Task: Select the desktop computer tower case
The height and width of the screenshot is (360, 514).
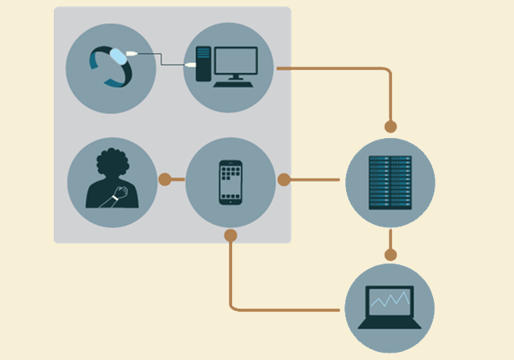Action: pos(202,63)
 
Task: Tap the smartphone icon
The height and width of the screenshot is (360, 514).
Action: pos(230,182)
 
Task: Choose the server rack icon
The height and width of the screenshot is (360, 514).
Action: pos(390,182)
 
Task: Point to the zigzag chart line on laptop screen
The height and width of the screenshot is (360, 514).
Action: pos(390,301)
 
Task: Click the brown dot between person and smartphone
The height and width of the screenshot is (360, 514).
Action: pos(165,179)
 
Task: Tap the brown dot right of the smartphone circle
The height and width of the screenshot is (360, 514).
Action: pos(284,179)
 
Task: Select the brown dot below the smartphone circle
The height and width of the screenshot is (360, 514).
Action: pos(230,235)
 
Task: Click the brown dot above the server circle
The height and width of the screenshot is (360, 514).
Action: pos(390,126)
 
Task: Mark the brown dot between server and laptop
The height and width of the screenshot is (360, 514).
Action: pos(390,255)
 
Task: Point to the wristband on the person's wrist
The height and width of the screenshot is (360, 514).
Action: pos(118,194)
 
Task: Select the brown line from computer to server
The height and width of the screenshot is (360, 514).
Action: pos(337,68)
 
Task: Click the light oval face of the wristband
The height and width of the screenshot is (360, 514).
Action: pos(118,55)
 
